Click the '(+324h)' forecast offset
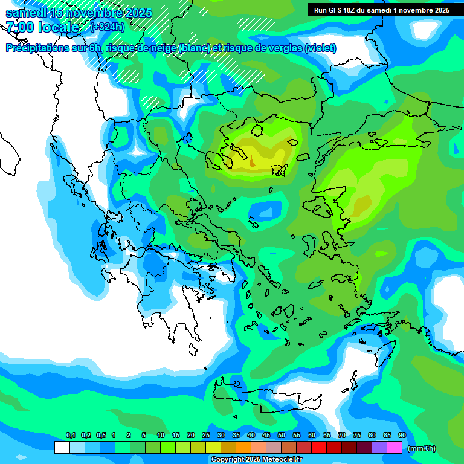[x=108, y=27]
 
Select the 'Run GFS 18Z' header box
[x=381, y=10]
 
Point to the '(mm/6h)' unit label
[x=421, y=448]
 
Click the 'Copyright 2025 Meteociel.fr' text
[x=256, y=460]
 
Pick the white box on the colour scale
[x=62, y=448]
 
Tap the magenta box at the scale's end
[x=395, y=448]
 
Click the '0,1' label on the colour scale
[x=70, y=436]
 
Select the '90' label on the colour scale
[x=402, y=436]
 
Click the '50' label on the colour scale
[x=282, y=436]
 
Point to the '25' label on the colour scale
[x=206, y=436]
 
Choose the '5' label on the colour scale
[x=144, y=436]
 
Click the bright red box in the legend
[x=319, y=448]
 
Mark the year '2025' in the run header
[x=437, y=10]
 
